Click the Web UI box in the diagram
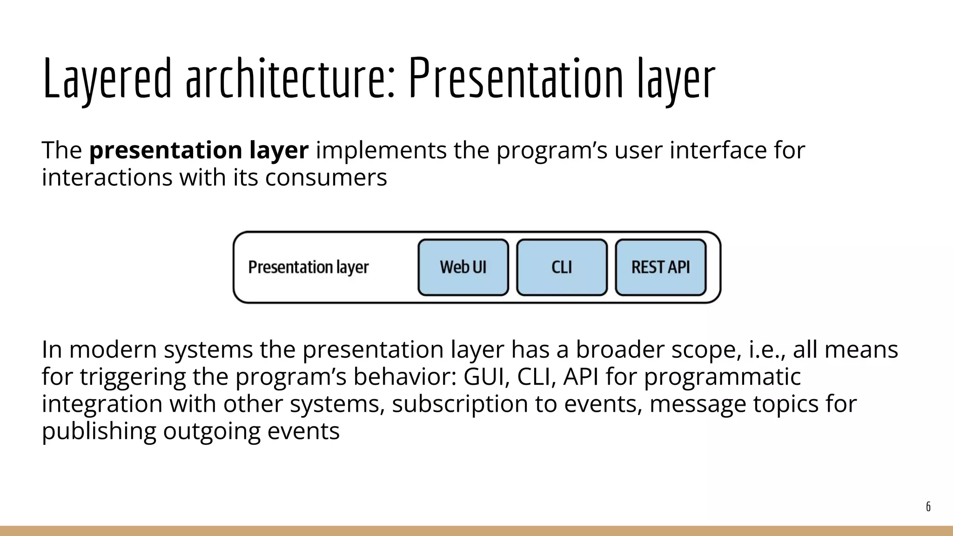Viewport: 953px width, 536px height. [463, 268]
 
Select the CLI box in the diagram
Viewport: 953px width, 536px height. [562, 268]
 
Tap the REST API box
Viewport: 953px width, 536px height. [660, 268]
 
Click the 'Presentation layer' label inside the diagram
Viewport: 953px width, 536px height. [308, 268]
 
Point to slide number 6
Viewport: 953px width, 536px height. [928, 507]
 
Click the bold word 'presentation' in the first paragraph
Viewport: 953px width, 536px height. [165, 150]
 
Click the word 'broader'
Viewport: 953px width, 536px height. [620, 349]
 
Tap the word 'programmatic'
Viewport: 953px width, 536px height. [722, 377]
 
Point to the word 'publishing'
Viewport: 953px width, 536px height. [99, 431]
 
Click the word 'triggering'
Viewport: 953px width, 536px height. [133, 377]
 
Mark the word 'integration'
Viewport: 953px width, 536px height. [101, 404]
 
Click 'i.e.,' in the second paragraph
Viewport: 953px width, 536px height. [767, 349]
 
